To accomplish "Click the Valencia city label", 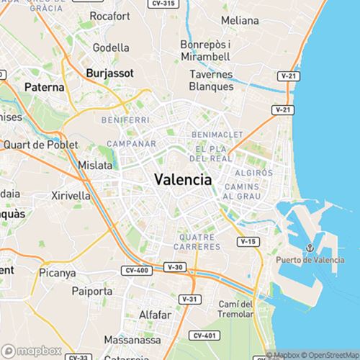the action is (184, 180).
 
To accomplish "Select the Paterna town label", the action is (45, 86).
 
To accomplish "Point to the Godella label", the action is (112, 48).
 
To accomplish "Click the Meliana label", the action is (239, 20).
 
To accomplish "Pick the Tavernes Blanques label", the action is (211, 80).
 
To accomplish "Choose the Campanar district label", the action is (131, 144).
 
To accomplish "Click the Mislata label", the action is (95, 165).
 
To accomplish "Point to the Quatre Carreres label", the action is (197, 241).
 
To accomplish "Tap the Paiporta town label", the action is (92, 292).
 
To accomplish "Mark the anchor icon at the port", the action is (308, 248).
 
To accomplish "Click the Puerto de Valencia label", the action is (308, 260).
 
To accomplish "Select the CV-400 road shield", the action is (136, 271).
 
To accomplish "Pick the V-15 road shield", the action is (248, 241).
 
